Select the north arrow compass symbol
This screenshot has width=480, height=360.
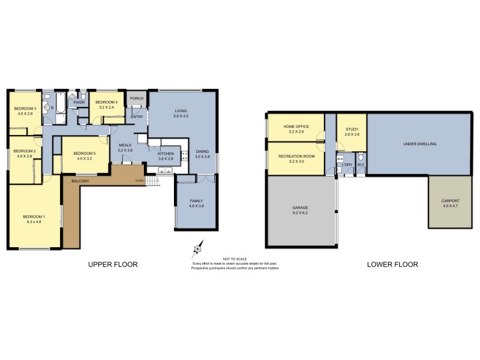coord(197,249)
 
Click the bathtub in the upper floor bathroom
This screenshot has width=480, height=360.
coord(62,109)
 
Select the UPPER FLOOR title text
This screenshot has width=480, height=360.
coord(113,265)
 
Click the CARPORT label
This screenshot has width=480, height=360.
coord(450,200)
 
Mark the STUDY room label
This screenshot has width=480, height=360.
coord(352,128)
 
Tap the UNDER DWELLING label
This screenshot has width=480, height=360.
coord(419,144)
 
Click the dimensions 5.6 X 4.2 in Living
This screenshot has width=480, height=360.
coord(181,116)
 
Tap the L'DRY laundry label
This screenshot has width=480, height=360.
coord(346,164)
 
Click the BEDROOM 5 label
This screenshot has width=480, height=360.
coord(84,154)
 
